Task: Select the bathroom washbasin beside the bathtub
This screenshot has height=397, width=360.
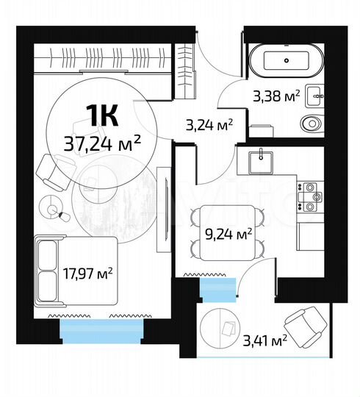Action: click(x=314, y=93)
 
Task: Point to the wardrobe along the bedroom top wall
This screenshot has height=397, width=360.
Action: click(x=110, y=58)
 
